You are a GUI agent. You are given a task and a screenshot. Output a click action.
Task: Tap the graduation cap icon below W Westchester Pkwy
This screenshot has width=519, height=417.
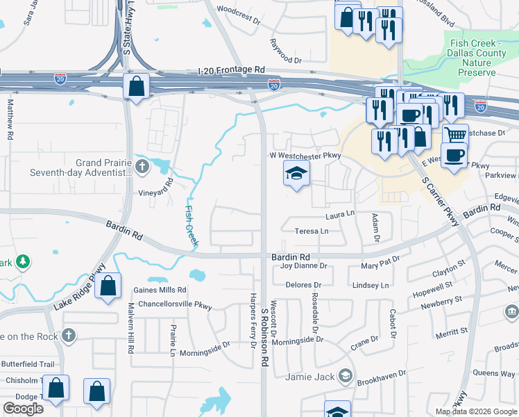296,174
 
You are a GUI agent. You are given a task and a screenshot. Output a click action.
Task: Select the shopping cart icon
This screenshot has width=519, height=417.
455,135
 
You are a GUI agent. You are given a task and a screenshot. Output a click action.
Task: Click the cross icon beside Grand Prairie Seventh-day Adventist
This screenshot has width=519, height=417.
142,166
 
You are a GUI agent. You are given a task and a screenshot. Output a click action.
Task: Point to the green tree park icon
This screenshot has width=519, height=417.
24,261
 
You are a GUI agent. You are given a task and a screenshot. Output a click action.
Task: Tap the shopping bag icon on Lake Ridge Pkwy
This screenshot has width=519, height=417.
108,286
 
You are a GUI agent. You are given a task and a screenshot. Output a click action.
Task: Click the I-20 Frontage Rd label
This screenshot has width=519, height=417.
231,70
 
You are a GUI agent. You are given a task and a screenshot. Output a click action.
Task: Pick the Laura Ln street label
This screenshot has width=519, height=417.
340,215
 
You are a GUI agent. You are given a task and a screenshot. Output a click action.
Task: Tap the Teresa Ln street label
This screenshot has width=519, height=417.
312,231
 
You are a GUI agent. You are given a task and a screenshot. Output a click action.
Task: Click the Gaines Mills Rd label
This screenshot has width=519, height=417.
160,290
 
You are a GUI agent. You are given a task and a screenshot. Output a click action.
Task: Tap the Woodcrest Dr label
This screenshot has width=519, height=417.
238,10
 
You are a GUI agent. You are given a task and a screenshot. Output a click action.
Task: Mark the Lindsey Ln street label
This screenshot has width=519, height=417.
371,285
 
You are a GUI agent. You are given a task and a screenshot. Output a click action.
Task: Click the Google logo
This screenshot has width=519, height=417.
24,409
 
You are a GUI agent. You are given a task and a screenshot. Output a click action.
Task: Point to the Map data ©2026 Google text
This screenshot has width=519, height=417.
476,411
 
